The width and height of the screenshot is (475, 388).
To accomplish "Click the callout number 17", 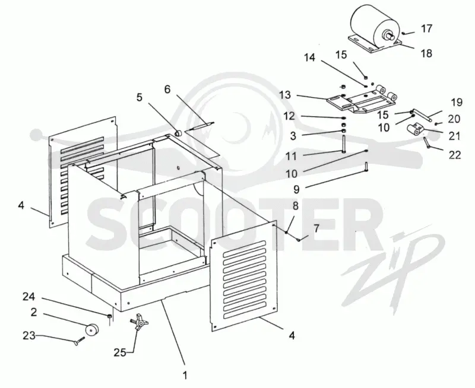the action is pos(426,28).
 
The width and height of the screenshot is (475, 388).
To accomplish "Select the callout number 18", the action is pos(426,53).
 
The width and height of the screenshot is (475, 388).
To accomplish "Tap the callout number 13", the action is pos(285,95).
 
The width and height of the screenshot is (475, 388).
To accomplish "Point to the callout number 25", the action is pos(120,352).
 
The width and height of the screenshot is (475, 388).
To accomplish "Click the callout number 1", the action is pos(185,376).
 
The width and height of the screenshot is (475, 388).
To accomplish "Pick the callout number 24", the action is pos(28,297).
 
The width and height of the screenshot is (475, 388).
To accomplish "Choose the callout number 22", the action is pos(454,155).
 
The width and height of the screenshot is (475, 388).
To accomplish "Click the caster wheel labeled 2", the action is pos(92,330).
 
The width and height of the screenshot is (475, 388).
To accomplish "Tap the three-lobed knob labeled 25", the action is pos(139,323).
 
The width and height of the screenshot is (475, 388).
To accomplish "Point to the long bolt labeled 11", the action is pos(344,144).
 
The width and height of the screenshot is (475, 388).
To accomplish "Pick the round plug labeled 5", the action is pos(178,133).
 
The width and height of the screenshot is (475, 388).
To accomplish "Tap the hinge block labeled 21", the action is pos(414,129).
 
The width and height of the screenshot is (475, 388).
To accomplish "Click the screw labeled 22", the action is pos(427,142).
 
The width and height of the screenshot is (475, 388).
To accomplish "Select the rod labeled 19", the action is pos(422,116).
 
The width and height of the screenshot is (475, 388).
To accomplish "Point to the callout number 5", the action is pos(139,97).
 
